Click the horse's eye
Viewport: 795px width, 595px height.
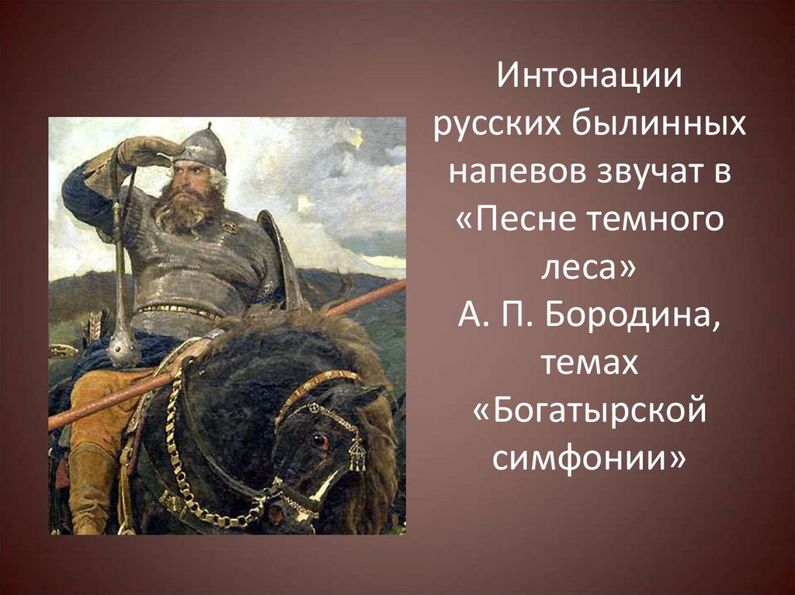(x=319, y=441)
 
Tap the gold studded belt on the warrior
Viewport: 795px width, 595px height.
(x=179, y=311)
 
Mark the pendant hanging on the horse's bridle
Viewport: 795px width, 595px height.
(x=357, y=453)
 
